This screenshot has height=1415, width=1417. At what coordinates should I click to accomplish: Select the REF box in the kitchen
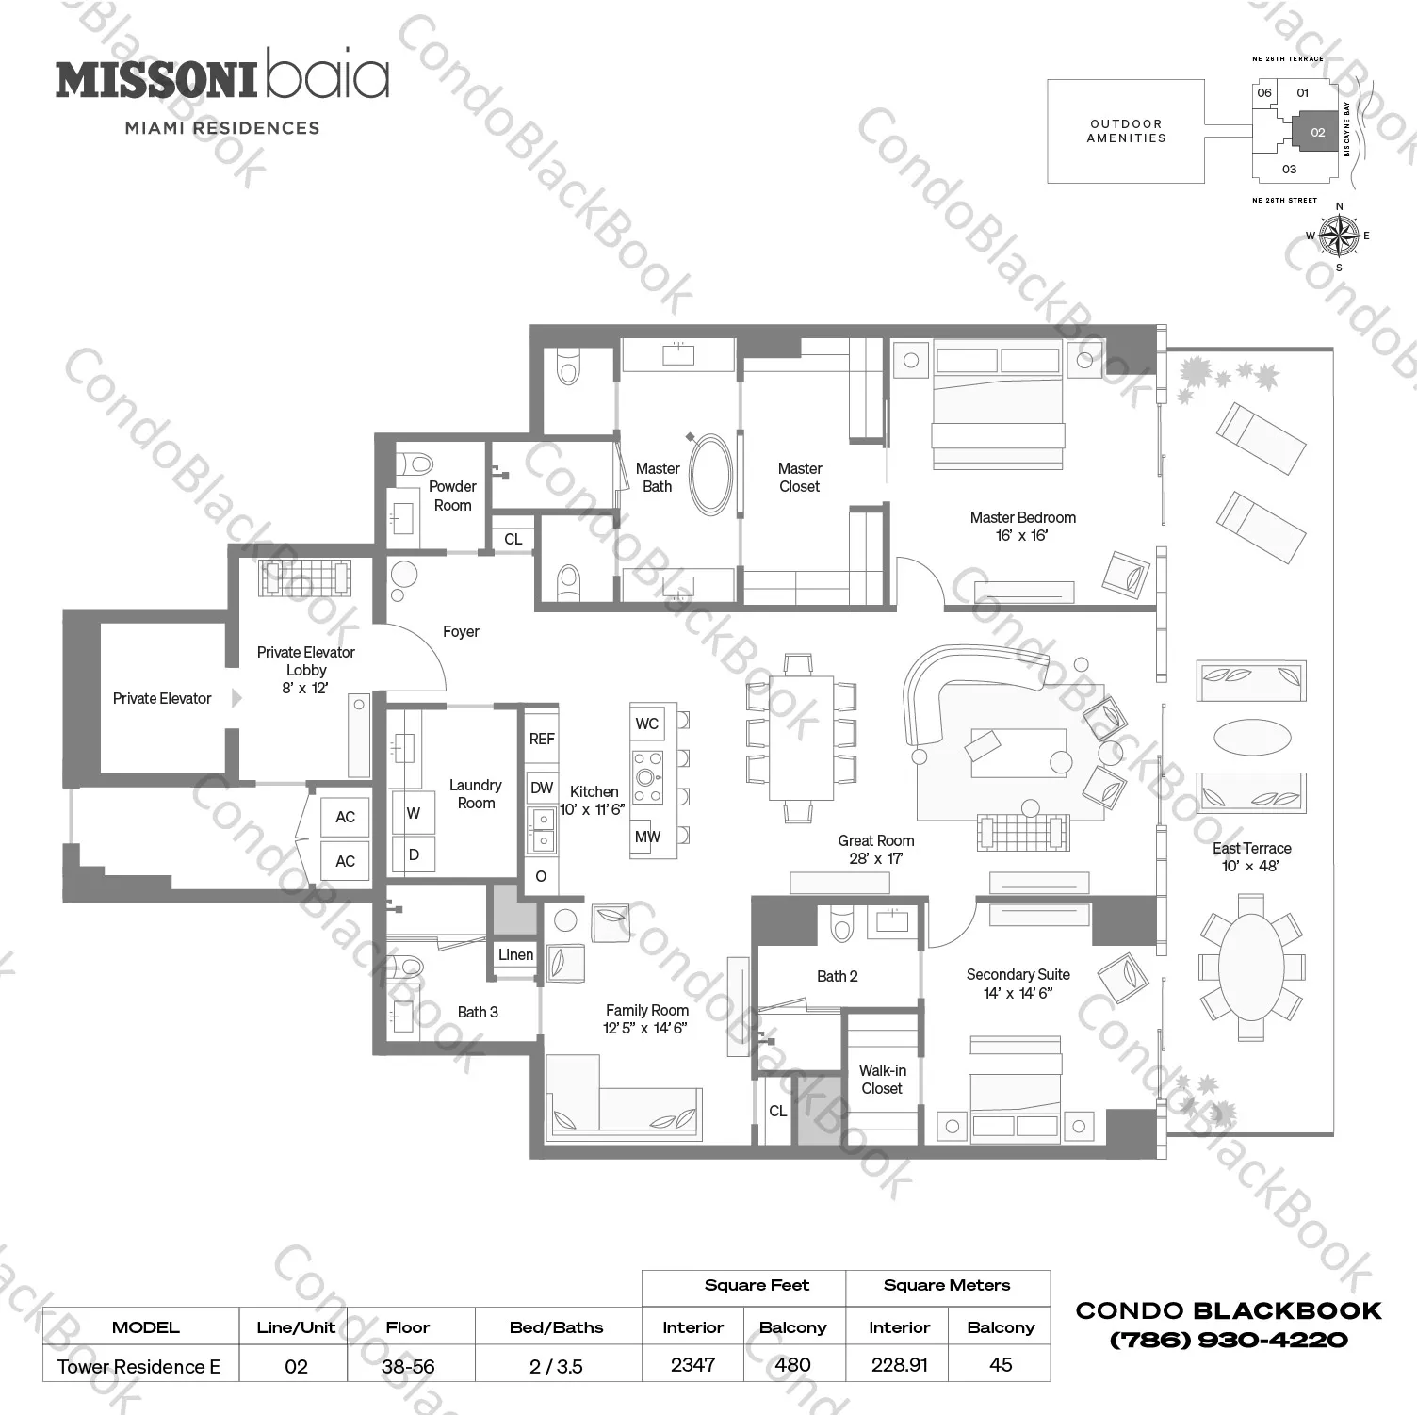click(x=542, y=739)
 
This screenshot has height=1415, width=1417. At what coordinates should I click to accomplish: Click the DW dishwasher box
click(x=542, y=788)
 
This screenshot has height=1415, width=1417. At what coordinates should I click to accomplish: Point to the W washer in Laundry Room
click(x=413, y=813)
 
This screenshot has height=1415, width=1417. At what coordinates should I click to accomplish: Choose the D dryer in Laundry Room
click(x=413, y=855)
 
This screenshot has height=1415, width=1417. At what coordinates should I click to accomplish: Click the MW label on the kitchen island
click(x=647, y=837)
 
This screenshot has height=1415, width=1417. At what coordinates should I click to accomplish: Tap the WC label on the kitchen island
click(x=646, y=724)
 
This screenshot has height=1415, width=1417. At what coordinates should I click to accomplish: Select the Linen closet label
click(x=515, y=954)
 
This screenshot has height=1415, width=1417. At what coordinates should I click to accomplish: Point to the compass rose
click(x=1338, y=236)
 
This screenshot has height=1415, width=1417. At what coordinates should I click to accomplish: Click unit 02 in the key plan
click(x=1317, y=133)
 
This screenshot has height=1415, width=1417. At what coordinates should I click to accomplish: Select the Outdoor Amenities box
click(x=1126, y=131)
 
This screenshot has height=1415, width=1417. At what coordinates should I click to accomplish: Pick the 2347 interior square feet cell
click(x=692, y=1364)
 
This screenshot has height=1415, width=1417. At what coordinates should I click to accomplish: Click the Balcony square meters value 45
click(x=1001, y=1364)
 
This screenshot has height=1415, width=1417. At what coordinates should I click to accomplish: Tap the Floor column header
click(x=407, y=1327)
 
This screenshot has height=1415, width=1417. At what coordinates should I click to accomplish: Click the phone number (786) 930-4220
click(x=1229, y=1340)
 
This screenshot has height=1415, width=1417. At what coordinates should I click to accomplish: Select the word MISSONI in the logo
click(x=156, y=80)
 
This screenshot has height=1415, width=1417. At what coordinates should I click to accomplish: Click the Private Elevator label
click(x=162, y=698)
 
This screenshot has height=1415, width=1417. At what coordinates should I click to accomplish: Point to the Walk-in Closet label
click(x=882, y=1080)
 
